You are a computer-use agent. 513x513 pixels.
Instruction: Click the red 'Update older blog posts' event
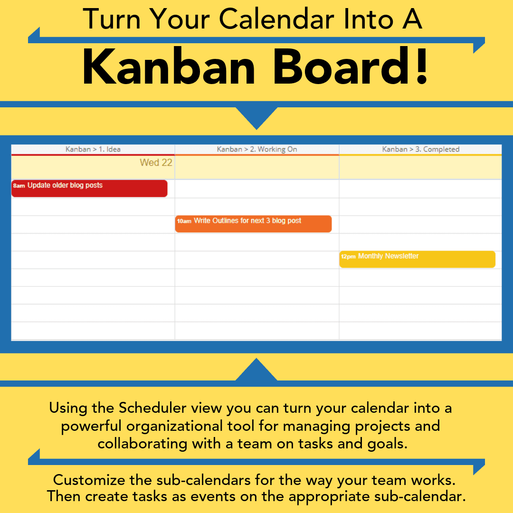[89, 189]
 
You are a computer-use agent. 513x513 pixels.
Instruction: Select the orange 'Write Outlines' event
[253, 224]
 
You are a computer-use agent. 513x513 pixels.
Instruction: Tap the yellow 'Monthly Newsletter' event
[417, 259]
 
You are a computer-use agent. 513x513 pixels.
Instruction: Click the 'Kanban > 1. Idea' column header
[93, 149]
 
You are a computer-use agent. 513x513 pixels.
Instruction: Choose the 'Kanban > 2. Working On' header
[257, 149]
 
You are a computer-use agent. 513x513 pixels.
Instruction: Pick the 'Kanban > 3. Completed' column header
[421, 149]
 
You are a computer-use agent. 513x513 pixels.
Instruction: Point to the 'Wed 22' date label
[156, 162]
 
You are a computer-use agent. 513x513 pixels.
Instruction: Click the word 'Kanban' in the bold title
[169, 67]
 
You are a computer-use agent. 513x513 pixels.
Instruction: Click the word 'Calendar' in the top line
[276, 19]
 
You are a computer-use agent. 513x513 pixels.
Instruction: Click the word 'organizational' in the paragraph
[190, 426]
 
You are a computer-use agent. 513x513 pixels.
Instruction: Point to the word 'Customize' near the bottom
[89, 480]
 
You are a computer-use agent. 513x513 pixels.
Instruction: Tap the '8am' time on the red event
[19, 186]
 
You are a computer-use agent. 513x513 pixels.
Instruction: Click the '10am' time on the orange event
[184, 221]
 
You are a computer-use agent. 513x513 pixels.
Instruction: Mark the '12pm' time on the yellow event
[348, 256]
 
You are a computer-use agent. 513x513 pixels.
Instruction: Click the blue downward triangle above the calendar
[256, 117]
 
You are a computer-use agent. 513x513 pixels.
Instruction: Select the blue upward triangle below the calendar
[256, 370]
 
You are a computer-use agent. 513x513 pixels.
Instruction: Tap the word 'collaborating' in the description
[142, 444]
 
